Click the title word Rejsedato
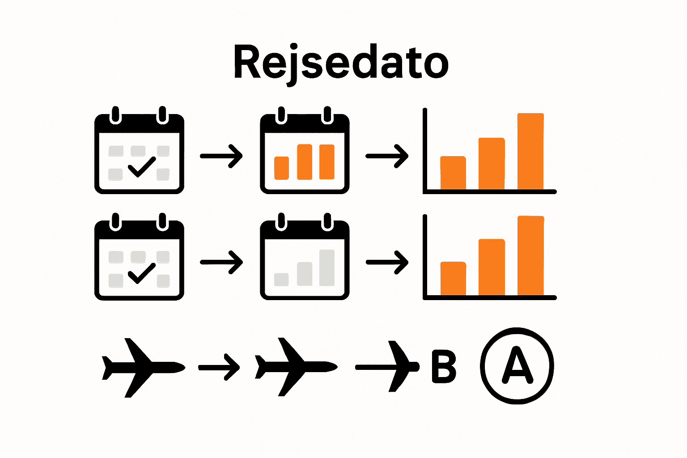coord(341,63)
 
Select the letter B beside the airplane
coord(444,367)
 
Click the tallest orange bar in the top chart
coord(530,151)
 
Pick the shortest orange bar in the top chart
coord(453,173)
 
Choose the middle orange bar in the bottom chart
coord(492,267)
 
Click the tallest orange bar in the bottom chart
coord(530,255)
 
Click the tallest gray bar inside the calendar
coord(327,267)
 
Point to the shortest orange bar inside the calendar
coord(281,168)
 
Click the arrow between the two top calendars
coord(222,156)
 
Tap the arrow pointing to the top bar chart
coord(387,156)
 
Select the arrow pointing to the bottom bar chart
coord(387,262)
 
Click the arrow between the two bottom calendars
coord(222,262)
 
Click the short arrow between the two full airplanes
coord(219,367)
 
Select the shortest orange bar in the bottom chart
coord(453,278)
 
